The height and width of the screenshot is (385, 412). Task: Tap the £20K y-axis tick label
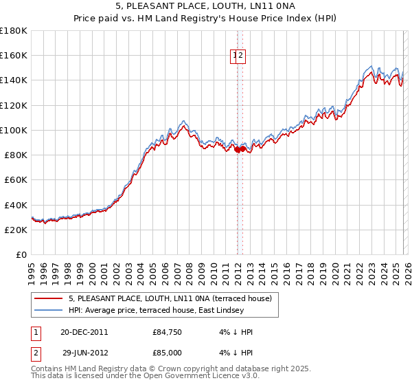coord(16,230)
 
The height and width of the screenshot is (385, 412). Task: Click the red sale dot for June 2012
coord(243,148)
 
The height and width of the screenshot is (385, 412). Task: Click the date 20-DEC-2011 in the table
coord(84,332)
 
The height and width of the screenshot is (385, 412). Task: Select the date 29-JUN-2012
coord(84,352)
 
